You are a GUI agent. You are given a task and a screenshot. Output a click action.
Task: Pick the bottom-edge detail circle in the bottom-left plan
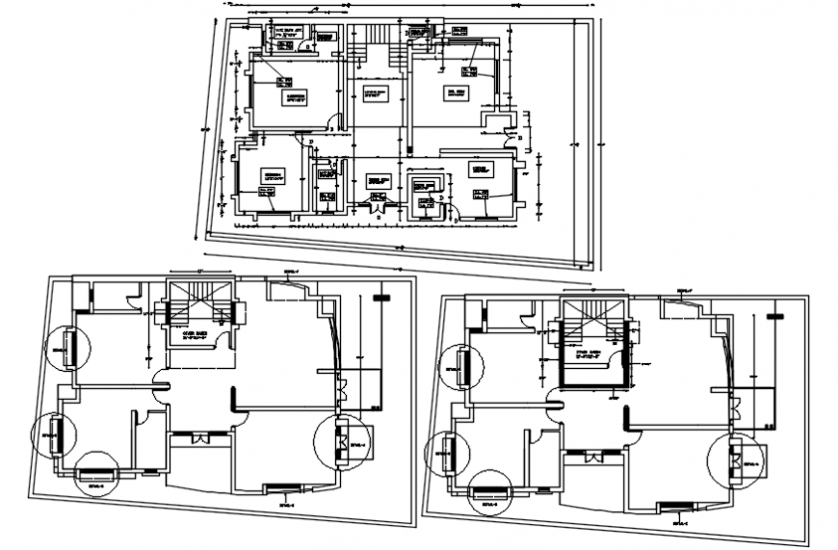click(x=96, y=474)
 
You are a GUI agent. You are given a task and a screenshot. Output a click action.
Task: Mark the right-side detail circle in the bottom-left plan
click(x=340, y=442)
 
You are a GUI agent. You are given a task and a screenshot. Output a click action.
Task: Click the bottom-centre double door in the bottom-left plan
click(x=200, y=438)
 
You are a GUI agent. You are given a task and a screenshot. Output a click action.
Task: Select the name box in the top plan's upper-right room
click(x=455, y=94)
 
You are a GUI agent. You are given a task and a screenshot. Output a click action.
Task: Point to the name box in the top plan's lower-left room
click(x=274, y=175)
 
